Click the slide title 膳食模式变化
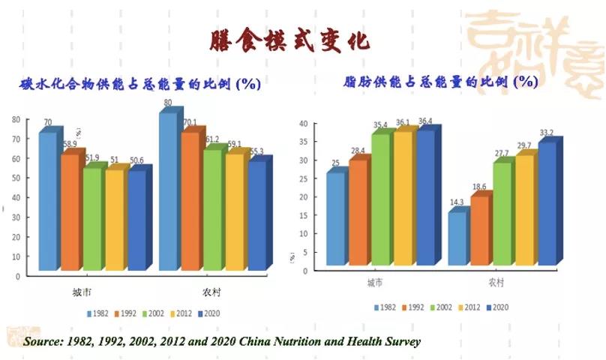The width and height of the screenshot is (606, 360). pos(288,40)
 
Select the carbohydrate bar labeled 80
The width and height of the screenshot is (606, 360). pos(167,191)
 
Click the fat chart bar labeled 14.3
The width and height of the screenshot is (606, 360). pos(457,238)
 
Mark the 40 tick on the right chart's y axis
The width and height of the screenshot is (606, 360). pos(304,124)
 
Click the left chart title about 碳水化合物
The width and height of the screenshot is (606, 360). pos(139,83)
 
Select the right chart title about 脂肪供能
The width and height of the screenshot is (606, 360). pos(440,81)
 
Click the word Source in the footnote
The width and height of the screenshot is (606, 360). pos(43,341)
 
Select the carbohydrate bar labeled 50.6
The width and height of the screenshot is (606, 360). pos(137,219)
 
